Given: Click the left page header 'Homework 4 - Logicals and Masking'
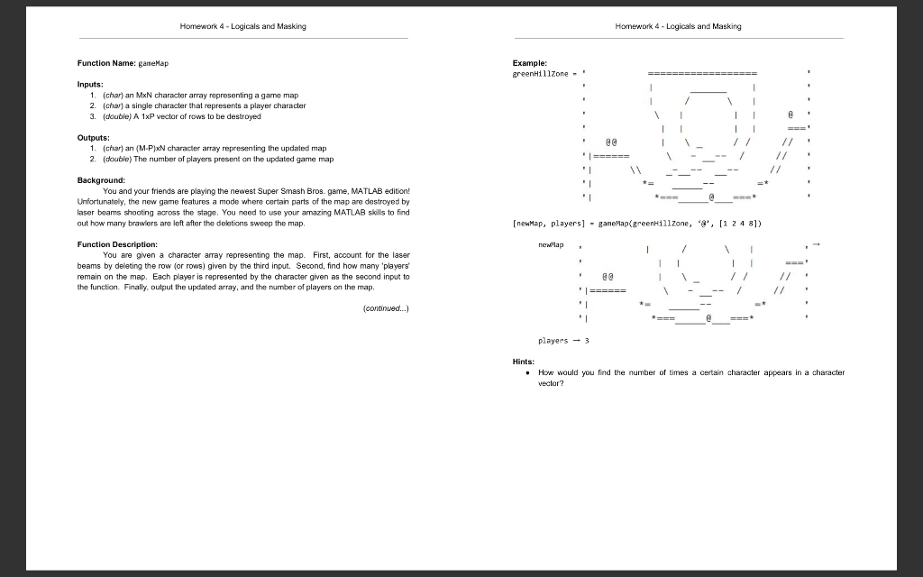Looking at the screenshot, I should (242, 26).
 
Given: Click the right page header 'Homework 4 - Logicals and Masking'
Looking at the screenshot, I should (678, 26).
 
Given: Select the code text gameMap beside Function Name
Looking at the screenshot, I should (153, 64).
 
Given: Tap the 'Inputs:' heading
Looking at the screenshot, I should (91, 84).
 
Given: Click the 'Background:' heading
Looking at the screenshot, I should (101, 180).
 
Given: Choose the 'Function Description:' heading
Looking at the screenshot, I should (118, 244).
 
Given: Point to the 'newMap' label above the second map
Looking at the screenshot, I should (550, 244).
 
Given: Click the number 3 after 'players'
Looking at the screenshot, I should (587, 342).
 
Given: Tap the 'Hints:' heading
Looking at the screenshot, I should (524, 362).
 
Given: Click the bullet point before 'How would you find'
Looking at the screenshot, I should (525, 372).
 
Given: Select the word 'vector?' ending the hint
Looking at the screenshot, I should (551, 383).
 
